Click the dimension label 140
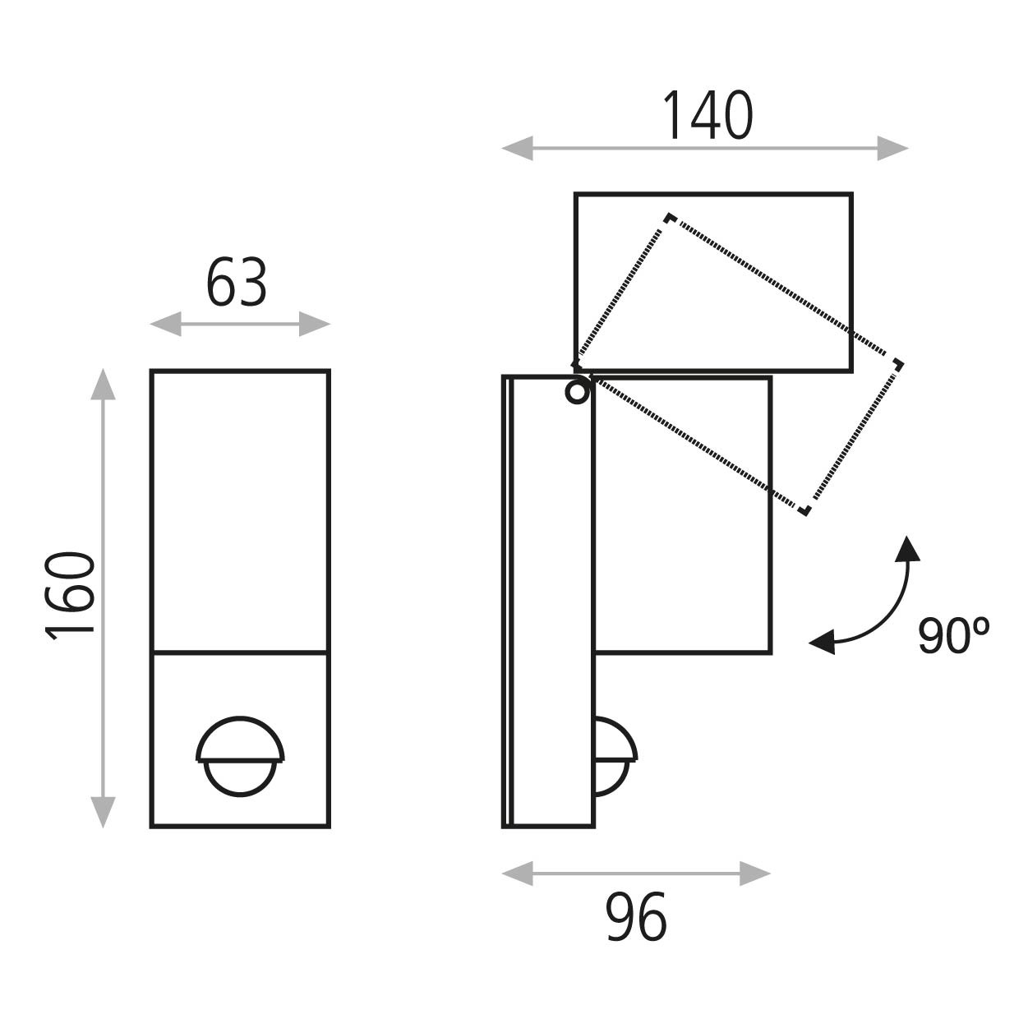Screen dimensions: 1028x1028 (x=707, y=115)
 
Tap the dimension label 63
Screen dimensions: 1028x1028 (x=237, y=282)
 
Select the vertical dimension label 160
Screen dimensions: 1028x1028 (x=70, y=596)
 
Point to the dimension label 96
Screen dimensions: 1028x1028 (x=636, y=917)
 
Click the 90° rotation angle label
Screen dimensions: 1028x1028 (x=953, y=635)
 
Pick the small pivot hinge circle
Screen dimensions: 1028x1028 (x=577, y=393)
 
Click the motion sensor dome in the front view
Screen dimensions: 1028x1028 (x=240, y=757)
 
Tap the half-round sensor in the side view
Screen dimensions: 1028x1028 (x=615, y=757)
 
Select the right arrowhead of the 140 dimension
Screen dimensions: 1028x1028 (x=892, y=148)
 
